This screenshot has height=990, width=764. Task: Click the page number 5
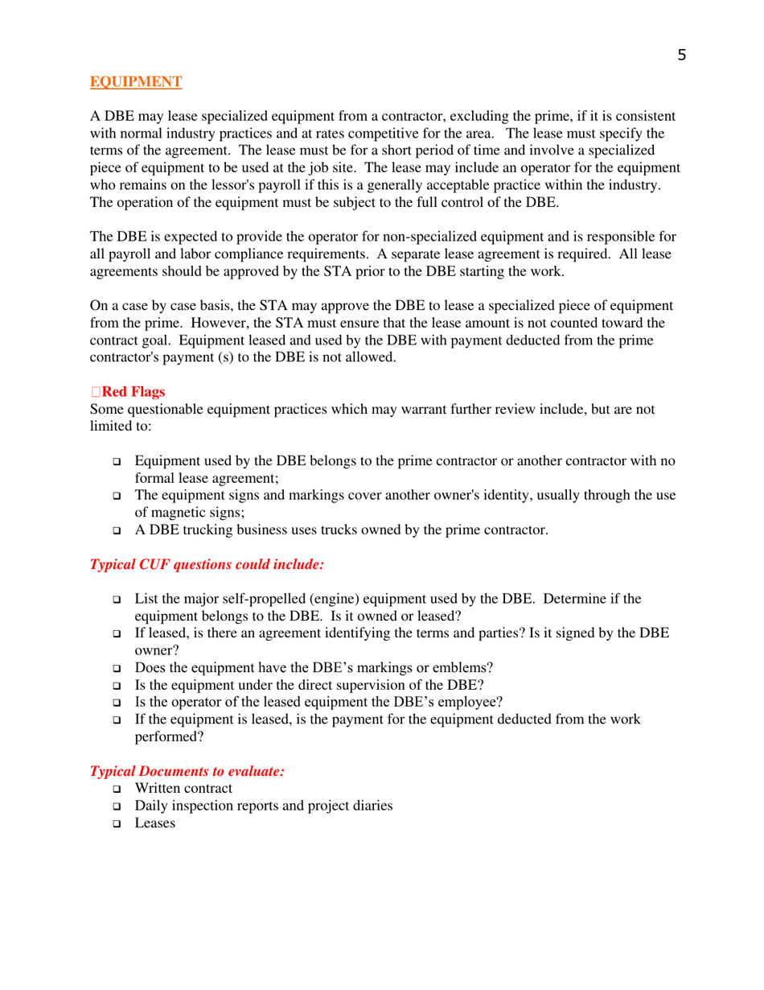pyautogui.click(x=681, y=55)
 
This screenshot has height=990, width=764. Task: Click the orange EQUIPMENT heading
pyautogui.click(x=135, y=81)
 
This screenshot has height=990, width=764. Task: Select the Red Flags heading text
pyautogui.click(x=133, y=392)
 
